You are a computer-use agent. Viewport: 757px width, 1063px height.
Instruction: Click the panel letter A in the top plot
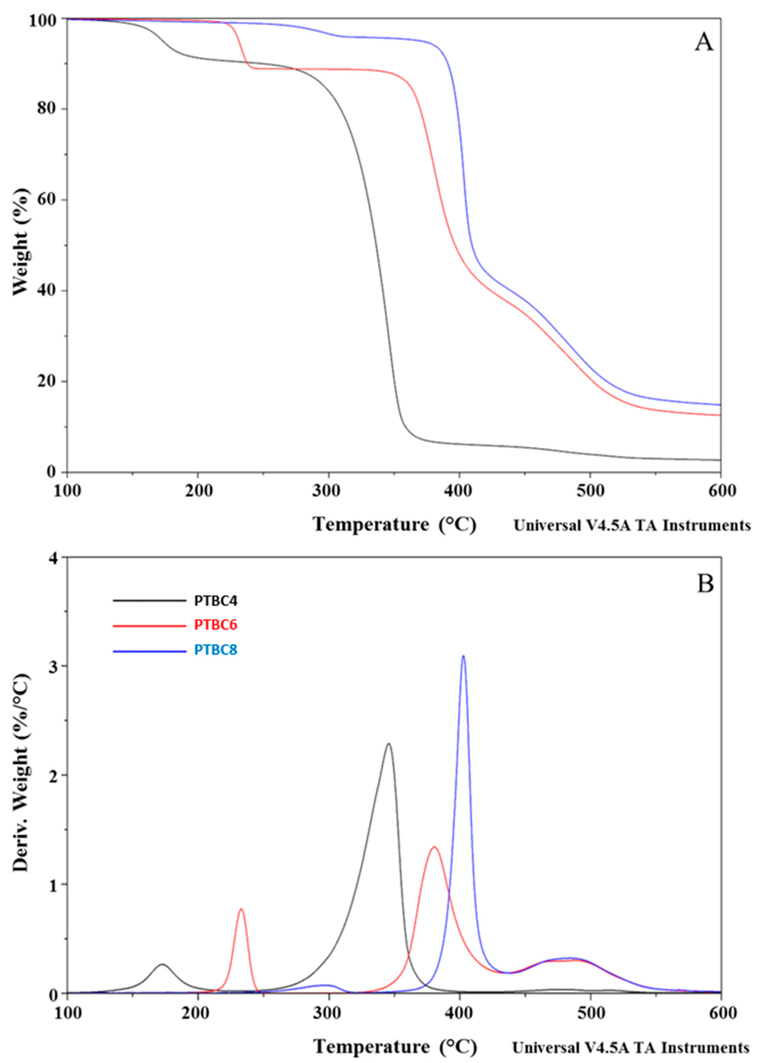point(704,43)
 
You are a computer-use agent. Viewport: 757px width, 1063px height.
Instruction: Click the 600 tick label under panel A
point(721,491)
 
